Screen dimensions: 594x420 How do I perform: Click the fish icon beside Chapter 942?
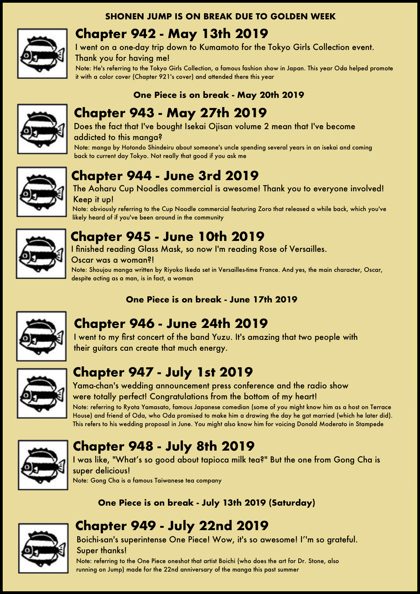pos(43,54)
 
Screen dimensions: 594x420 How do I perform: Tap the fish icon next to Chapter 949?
pos(43,548)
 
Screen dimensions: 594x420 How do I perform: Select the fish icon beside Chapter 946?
pos(41,336)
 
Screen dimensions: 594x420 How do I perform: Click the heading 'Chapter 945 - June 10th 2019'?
pos(167,237)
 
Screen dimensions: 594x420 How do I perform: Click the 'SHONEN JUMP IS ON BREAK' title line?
pos(220,16)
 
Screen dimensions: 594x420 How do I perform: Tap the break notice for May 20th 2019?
pos(219,95)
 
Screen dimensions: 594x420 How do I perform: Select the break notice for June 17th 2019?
pos(212,299)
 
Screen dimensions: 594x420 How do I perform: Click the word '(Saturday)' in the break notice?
pos(292,503)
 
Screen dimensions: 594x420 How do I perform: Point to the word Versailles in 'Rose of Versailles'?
pos(307,249)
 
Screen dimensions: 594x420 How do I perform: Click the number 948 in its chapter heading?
pos(140,446)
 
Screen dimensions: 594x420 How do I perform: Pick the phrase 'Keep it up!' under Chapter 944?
pos(93,199)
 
